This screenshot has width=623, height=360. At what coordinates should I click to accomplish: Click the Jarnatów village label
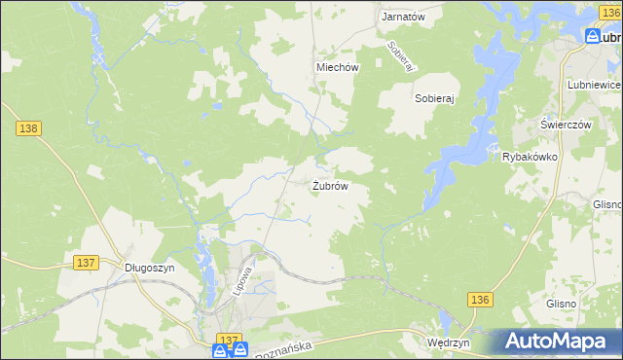tap(404, 17)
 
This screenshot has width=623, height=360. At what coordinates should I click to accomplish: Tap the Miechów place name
tap(338, 67)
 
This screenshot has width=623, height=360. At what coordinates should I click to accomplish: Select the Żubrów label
tap(330, 185)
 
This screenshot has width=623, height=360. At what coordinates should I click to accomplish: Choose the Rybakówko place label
tap(529, 157)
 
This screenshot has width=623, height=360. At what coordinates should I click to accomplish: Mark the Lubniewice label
tap(594, 86)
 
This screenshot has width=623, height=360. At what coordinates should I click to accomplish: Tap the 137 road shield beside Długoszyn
tap(86, 263)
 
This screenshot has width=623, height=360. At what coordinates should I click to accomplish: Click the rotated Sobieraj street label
tap(400, 54)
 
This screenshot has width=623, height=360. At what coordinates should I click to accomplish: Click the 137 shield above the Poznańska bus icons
tap(228, 338)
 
